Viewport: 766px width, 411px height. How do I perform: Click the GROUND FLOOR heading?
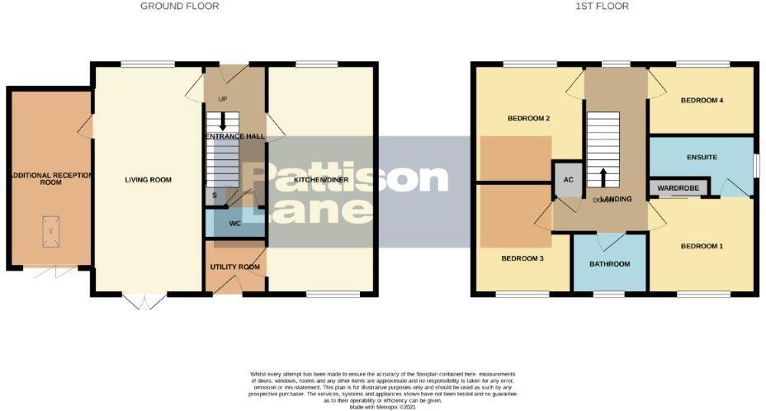(180, 7)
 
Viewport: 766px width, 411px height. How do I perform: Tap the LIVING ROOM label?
(149, 180)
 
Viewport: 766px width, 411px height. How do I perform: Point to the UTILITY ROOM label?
(235, 267)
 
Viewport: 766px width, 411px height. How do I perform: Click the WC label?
(234, 224)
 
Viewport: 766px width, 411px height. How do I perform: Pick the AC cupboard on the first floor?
(568, 181)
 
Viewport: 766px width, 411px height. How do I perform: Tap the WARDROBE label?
(679, 189)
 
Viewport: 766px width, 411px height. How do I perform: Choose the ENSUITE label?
(702, 157)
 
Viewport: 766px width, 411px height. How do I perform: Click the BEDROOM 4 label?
(702, 101)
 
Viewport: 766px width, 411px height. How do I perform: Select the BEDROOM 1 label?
(702, 246)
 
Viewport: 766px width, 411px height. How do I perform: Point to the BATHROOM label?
(610, 264)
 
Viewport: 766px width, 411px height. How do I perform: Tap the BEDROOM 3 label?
(523, 258)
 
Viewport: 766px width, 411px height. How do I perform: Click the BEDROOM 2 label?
(528, 119)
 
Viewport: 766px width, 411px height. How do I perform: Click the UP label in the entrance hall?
(222, 100)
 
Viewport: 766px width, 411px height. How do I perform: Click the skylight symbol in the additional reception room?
(50, 232)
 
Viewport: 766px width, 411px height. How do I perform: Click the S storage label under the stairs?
(215, 195)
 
